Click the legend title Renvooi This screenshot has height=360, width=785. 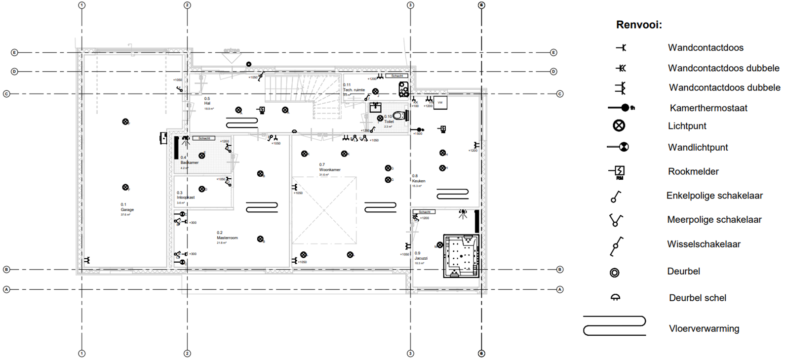[639, 25]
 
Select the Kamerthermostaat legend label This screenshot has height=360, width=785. [708, 108]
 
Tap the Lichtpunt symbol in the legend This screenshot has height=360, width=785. [619, 125]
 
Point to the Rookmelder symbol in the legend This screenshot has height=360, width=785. [619, 171]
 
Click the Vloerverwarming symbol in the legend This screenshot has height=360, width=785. [615, 326]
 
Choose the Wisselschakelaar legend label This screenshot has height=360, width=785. [704, 244]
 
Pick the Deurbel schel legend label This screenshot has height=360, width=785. [697, 298]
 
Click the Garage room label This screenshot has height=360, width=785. [127, 209]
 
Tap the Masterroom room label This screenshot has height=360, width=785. [227, 238]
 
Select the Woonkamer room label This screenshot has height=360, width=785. [330, 169]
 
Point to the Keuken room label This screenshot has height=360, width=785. [419, 181]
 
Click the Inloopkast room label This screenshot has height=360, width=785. [186, 197]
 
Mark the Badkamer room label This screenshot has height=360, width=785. [190, 162]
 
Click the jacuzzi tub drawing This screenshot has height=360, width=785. [461, 256]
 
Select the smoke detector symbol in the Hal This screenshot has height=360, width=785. [261, 110]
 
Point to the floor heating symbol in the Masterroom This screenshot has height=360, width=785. [262, 207]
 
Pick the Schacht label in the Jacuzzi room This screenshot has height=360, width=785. [425, 212]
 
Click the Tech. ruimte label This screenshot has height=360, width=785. [354, 90]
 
